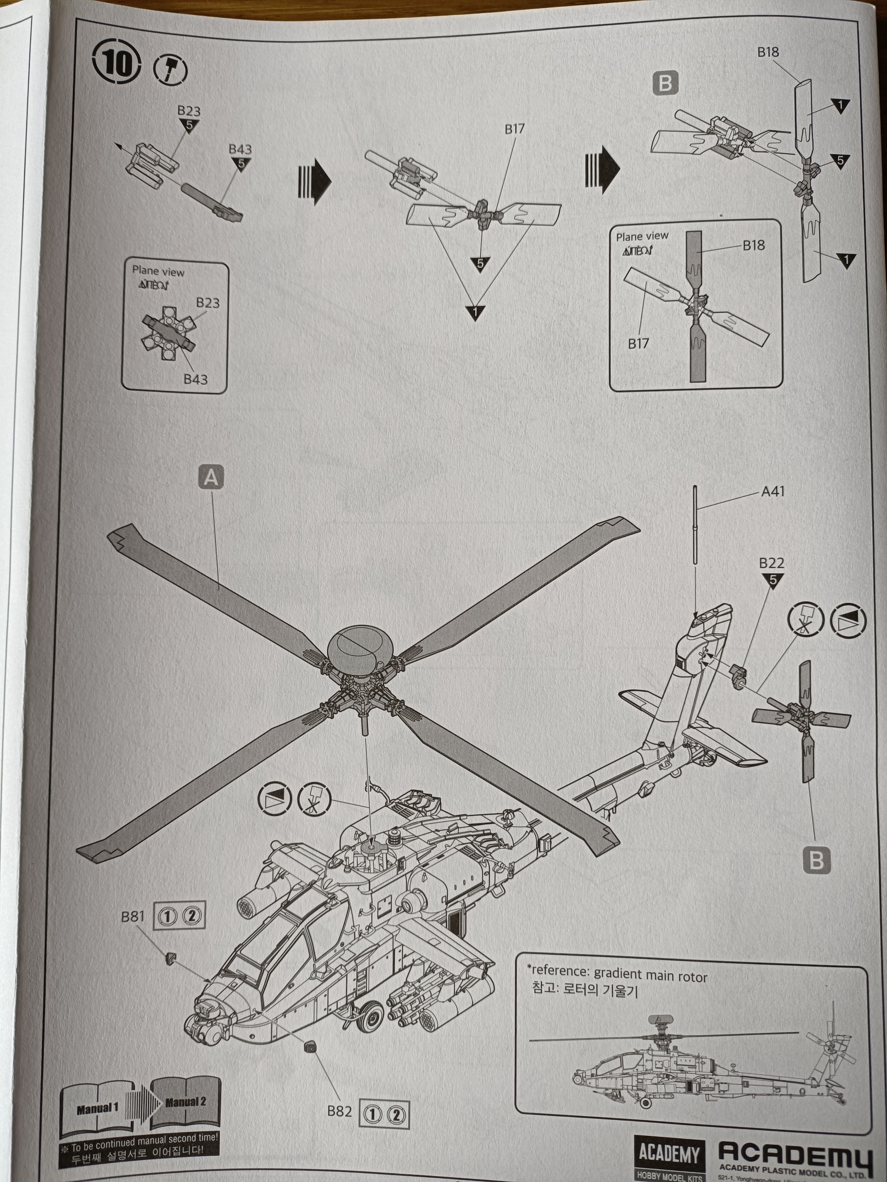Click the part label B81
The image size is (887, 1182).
[x=132, y=916]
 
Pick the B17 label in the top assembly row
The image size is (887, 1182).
[x=514, y=129]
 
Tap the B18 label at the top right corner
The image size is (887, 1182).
[x=768, y=52]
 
